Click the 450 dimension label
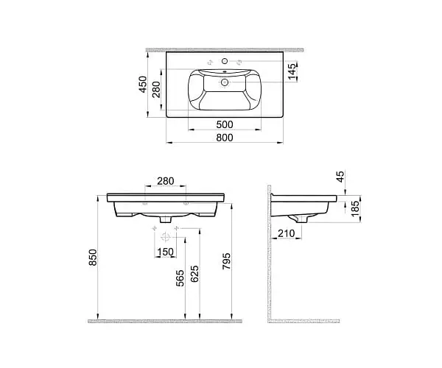click(x=143, y=84)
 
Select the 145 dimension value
click(x=293, y=71)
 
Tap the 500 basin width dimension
click(x=225, y=124)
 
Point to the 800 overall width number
click(x=225, y=138)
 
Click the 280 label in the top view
click(x=156, y=89)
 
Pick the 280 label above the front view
click(x=166, y=181)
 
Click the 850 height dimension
click(x=93, y=258)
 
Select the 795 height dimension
click(x=226, y=261)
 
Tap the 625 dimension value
click(x=194, y=274)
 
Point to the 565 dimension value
click(x=180, y=278)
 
